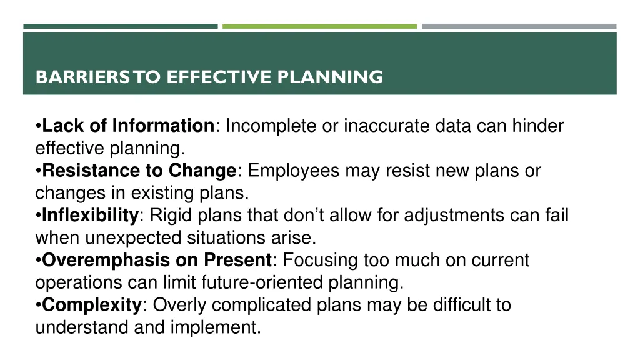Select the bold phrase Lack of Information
(x=128, y=126)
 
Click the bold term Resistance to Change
(x=139, y=171)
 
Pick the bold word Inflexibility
(x=90, y=216)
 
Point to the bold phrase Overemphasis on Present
(x=157, y=260)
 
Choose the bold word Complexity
(x=92, y=305)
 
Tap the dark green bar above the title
(x=121, y=26)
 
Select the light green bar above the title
(x=319, y=26)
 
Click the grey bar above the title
(x=519, y=26)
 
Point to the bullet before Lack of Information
(x=39, y=127)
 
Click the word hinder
(x=538, y=126)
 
